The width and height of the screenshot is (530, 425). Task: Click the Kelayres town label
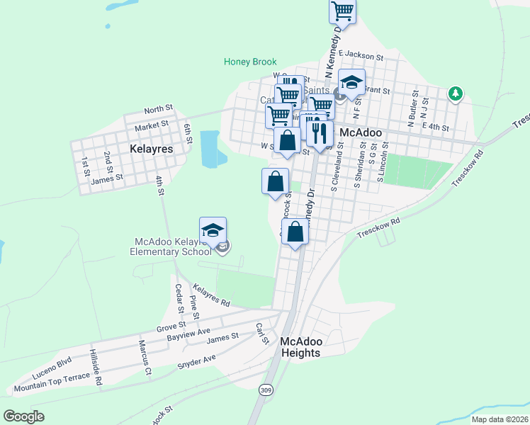pos(152,149)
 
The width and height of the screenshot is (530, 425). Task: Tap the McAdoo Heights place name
pos(300,346)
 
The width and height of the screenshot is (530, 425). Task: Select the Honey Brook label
pos(250,62)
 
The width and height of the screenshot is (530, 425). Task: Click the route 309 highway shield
pos(266,390)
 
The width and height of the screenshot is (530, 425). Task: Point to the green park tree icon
pos(456,93)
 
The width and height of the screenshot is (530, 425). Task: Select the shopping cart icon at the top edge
pos(343,11)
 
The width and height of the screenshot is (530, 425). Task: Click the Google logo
pos(24,416)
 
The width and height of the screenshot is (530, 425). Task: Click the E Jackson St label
pos(361,55)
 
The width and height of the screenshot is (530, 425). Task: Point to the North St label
pos(158,109)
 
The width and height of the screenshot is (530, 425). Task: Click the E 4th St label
pos(436,127)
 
